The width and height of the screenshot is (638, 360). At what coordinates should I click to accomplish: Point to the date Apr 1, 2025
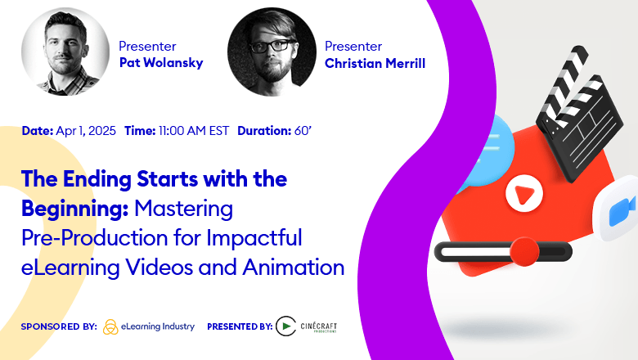point(86,131)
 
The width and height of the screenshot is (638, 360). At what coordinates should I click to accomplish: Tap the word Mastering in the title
point(184,209)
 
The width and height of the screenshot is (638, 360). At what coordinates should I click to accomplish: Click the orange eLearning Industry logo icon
point(111,327)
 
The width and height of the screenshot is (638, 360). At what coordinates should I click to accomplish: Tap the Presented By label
point(240,326)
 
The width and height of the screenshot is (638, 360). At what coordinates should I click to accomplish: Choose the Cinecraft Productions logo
point(307,326)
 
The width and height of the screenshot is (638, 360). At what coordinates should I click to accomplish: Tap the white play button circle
point(519,195)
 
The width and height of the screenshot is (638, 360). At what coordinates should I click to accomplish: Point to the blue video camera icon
point(621,212)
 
